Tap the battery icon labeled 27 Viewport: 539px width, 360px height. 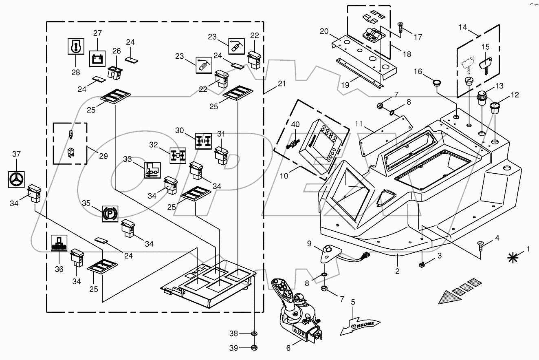(97, 59)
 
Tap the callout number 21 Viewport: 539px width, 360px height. (282, 84)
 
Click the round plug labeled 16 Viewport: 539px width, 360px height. (436, 83)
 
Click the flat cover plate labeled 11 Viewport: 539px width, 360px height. (385, 135)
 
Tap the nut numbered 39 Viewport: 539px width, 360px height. (254, 348)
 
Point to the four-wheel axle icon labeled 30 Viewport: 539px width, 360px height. (203, 141)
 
